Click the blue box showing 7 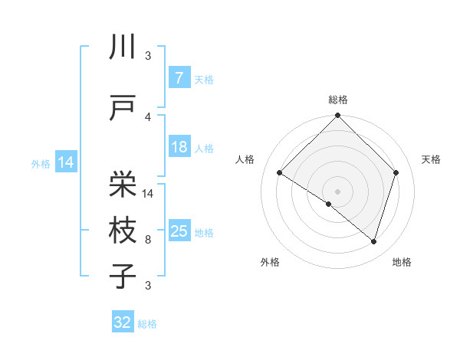179,78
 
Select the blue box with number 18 179,147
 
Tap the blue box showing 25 179,231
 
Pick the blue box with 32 123,323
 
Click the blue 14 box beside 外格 65,162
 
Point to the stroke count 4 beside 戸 148,117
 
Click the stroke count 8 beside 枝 148,240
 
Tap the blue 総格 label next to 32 147,325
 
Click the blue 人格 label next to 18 204,149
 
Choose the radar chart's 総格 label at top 338,100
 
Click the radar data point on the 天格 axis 396,172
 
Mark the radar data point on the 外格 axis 329,205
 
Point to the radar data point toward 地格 373,241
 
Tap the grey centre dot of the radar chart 338,191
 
